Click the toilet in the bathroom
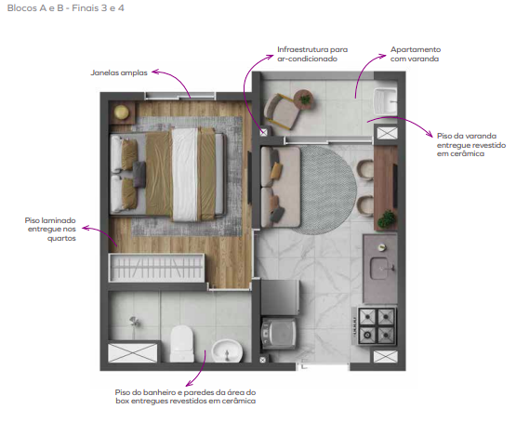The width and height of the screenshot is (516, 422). pyautogui.click(x=182, y=344)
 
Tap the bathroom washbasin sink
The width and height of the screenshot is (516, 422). pyautogui.click(x=227, y=351)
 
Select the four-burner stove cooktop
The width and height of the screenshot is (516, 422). pyautogui.click(x=377, y=326)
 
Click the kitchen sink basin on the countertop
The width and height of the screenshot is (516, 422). pyautogui.click(x=381, y=268)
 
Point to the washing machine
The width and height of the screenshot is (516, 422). pyautogui.click(x=279, y=333)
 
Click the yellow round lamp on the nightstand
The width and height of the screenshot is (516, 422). pyautogui.click(x=122, y=112)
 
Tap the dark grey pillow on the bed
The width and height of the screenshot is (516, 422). pyautogui.click(x=139, y=175)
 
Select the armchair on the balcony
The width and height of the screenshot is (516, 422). pyautogui.click(x=282, y=111)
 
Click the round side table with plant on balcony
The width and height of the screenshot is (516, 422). pyautogui.click(x=303, y=99)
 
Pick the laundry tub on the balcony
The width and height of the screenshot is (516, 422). pyautogui.click(x=385, y=101)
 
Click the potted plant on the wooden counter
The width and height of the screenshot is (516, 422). pyautogui.click(x=387, y=219)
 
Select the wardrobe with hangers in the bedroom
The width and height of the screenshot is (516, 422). pyautogui.click(x=156, y=268)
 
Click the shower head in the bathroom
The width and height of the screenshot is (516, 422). pyautogui.click(x=134, y=322)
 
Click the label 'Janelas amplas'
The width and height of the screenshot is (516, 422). pyautogui.click(x=119, y=73)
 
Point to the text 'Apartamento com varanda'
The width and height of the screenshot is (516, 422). pyautogui.click(x=416, y=54)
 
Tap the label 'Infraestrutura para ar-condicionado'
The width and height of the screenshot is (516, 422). pyautogui.click(x=312, y=54)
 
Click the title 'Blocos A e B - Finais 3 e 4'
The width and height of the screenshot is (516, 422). pyautogui.click(x=65, y=8)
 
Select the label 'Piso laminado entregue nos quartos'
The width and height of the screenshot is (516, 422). pyautogui.click(x=51, y=230)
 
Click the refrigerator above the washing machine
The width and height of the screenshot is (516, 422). pyautogui.click(x=280, y=297)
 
